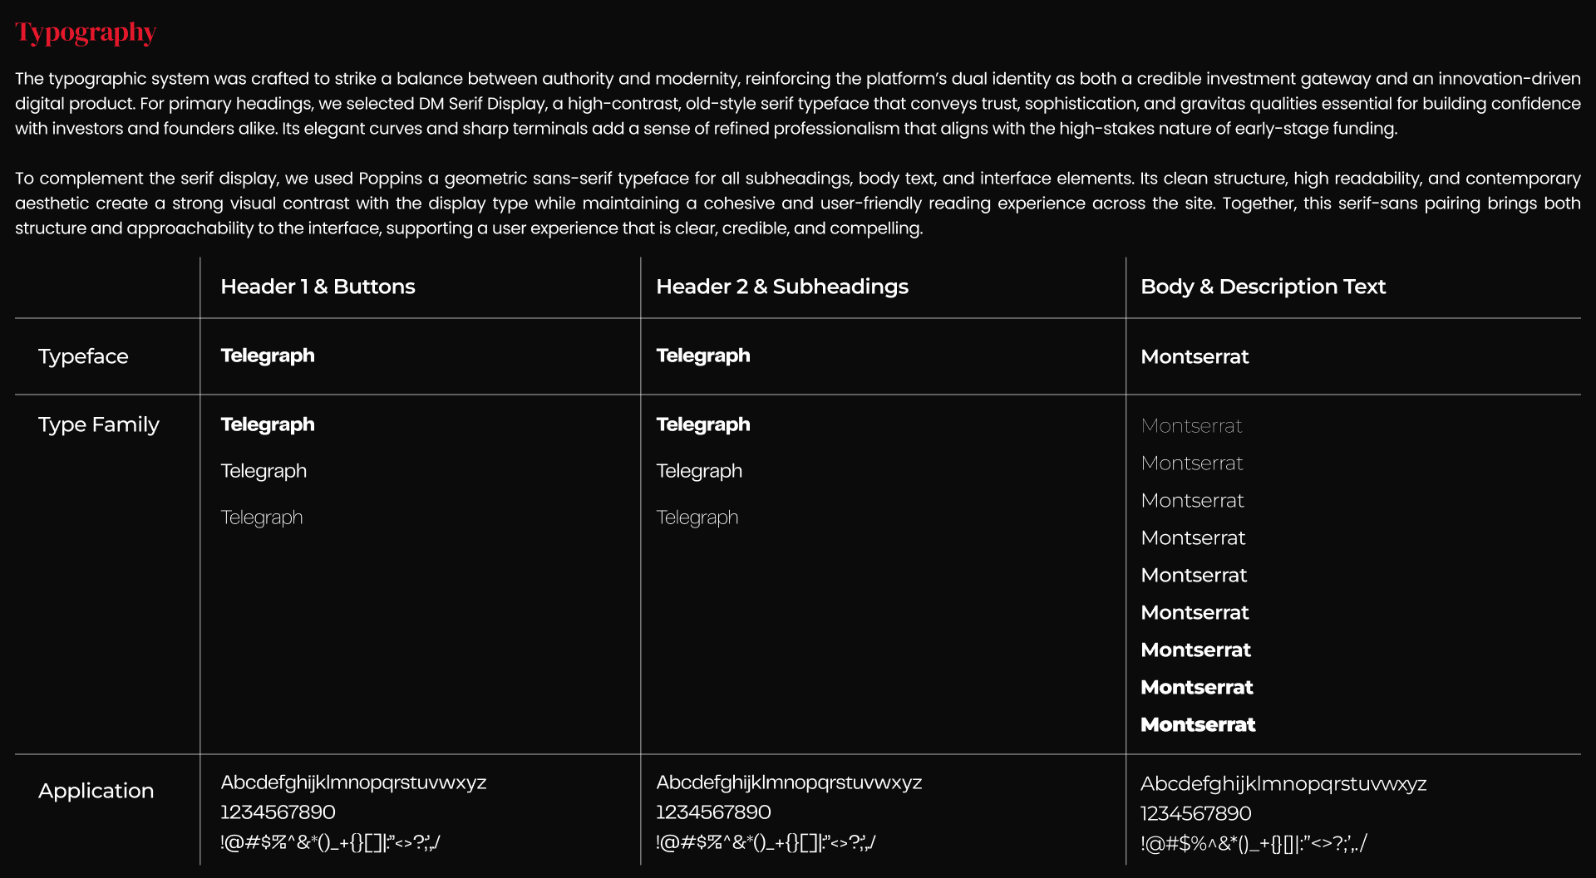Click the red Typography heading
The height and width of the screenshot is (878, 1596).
[x=86, y=32]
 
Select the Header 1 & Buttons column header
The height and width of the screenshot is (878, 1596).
[x=318, y=287]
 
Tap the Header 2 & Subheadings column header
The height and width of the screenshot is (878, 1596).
[x=781, y=287]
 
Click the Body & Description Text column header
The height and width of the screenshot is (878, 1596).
[x=1263, y=287]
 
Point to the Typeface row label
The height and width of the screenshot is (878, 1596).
[x=83, y=356]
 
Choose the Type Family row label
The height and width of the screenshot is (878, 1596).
[x=98, y=424]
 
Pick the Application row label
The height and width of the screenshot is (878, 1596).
[x=96, y=791]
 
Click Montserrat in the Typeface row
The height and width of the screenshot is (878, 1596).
[x=1195, y=356]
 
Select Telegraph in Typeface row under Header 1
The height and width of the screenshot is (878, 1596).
[x=268, y=356]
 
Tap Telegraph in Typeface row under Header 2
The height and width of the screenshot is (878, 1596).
[x=703, y=356]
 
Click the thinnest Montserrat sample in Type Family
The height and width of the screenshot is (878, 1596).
[x=1191, y=426]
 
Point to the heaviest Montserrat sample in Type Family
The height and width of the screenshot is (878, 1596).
[x=1198, y=725]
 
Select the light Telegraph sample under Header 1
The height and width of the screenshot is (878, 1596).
[x=262, y=517]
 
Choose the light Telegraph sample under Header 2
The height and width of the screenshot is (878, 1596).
[x=697, y=517]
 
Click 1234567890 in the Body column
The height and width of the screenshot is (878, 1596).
[x=1195, y=813]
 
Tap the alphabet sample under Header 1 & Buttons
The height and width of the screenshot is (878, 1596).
[x=353, y=782]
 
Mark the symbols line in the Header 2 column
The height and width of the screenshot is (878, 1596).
[x=766, y=842]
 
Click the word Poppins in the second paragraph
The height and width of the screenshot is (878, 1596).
[x=390, y=179]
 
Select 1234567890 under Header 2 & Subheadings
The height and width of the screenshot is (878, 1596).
[x=713, y=812]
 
